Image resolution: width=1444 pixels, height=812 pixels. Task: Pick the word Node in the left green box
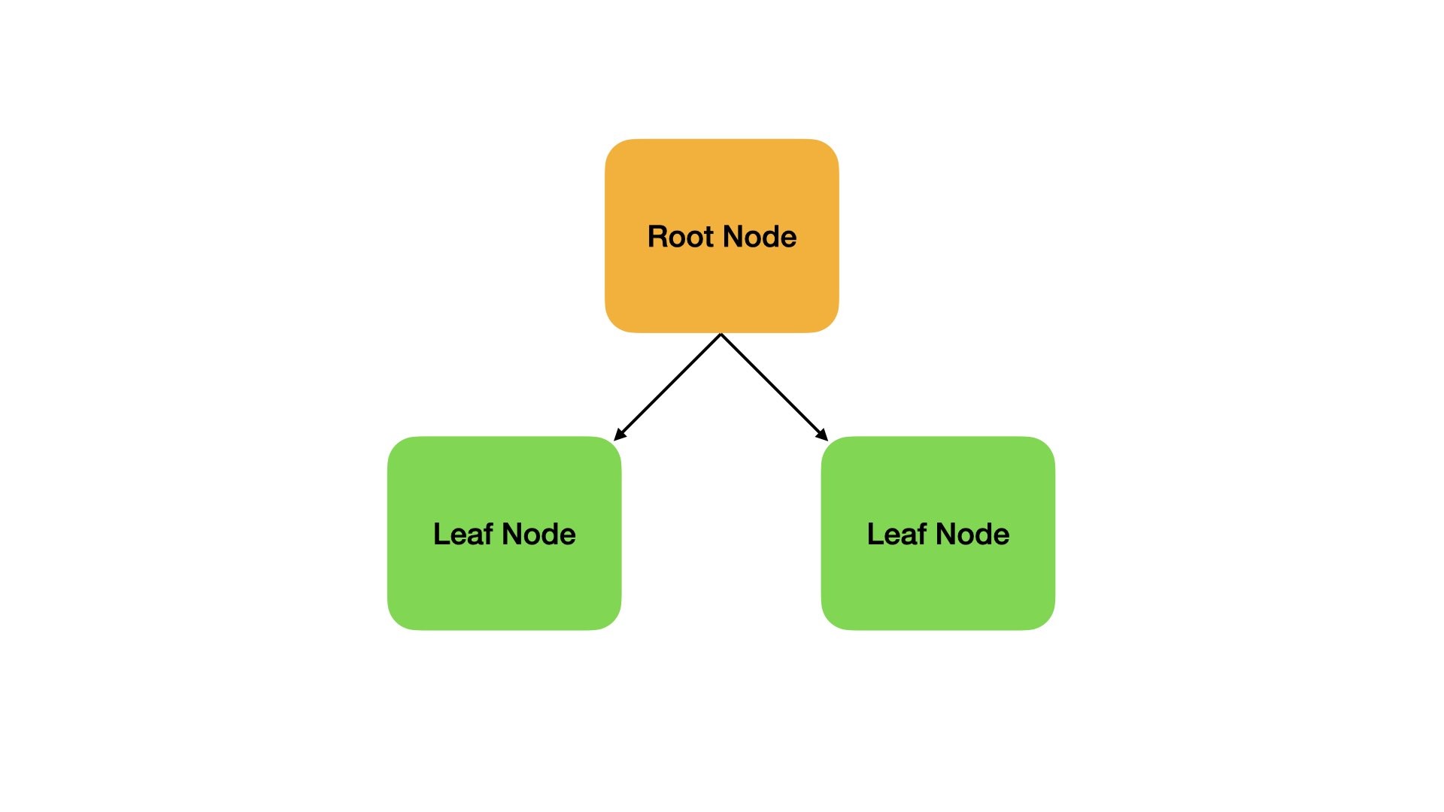(x=539, y=534)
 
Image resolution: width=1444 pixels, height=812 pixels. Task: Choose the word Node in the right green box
(x=973, y=534)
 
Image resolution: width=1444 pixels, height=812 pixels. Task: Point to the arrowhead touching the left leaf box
(x=619, y=435)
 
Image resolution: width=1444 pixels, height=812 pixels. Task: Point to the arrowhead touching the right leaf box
(x=823, y=435)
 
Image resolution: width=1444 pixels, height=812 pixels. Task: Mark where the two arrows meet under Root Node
(x=721, y=335)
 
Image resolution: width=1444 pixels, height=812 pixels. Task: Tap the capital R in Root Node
(x=657, y=237)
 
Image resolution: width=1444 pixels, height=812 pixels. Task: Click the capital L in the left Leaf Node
(x=441, y=534)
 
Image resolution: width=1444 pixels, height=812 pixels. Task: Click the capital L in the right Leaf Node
(x=875, y=534)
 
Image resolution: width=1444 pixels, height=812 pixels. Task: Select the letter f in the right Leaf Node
(x=921, y=533)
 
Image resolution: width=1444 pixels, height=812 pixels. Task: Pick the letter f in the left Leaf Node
(x=487, y=533)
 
